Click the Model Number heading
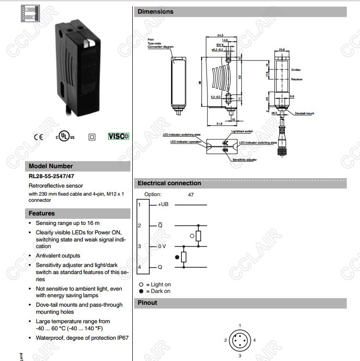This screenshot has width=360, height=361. click(51, 166)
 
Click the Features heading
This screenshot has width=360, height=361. click(42, 213)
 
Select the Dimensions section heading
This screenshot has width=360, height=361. click(155, 11)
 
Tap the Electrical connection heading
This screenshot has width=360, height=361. click(169, 183)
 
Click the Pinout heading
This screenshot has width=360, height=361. click(147, 302)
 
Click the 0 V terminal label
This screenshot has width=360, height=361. click(162, 246)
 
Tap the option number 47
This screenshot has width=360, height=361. click(191, 194)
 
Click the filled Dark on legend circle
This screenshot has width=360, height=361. click(141, 291)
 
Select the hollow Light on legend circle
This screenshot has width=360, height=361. click(141, 284)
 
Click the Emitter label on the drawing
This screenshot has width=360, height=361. click(296, 70)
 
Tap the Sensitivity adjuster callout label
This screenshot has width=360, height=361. click(245, 160)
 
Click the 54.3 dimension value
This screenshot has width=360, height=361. click(220, 35)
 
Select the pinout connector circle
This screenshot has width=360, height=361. click(240, 340)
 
